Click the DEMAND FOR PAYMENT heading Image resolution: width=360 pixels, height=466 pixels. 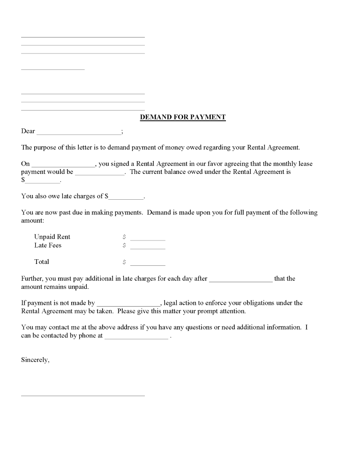coord(183,117)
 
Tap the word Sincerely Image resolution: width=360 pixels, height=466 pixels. coord(35,360)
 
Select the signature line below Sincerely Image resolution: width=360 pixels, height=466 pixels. coord(83,395)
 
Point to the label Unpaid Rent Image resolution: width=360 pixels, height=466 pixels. coord(52,237)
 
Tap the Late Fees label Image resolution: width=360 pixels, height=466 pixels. coord(48,245)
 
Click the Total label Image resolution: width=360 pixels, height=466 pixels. coord(42,262)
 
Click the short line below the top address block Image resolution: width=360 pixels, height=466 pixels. coord(53,69)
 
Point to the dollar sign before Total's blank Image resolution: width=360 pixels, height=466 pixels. coord(124,262)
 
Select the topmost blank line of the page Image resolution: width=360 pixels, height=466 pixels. coord(83,37)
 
